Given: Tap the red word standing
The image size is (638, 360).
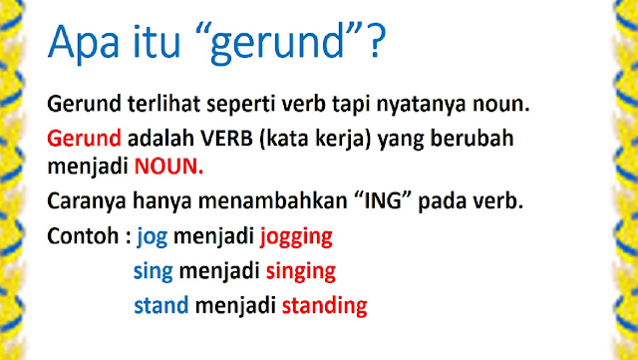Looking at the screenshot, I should point(323,305).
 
